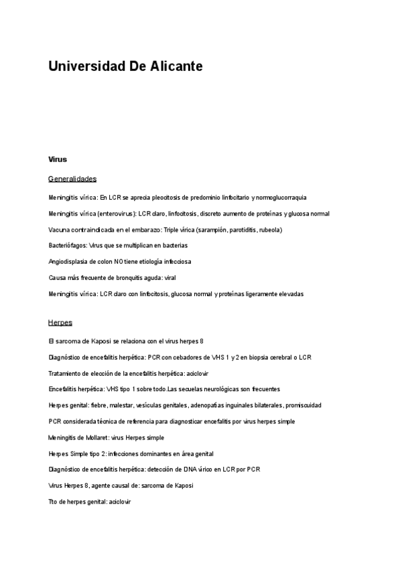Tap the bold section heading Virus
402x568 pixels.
click(58, 159)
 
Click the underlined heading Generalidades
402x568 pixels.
click(72, 179)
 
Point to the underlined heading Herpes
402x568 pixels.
click(60, 322)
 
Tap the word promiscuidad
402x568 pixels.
click(304, 405)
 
